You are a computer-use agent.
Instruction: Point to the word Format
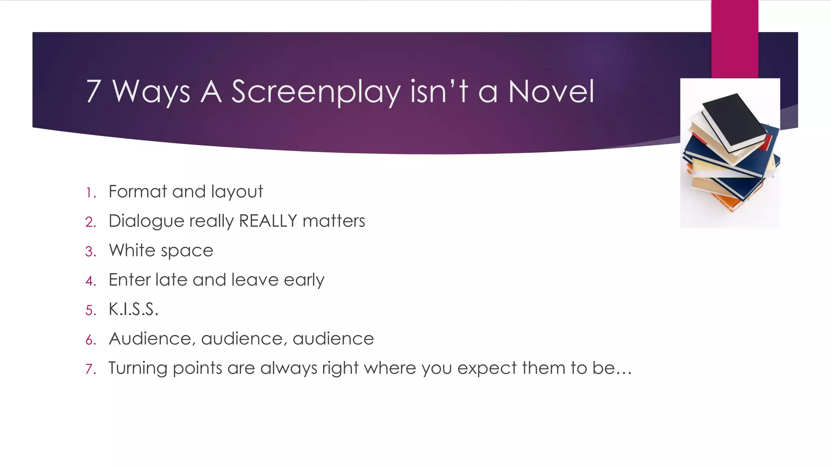[138, 191]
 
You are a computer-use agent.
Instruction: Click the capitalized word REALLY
[268, 221]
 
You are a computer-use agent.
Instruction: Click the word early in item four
[304, 280]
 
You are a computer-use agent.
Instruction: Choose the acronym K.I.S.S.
[133, 309]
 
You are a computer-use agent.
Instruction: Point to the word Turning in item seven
[138, 368]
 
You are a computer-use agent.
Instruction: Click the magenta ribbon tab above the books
[734, 39]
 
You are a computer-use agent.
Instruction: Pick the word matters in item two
[334, 221]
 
